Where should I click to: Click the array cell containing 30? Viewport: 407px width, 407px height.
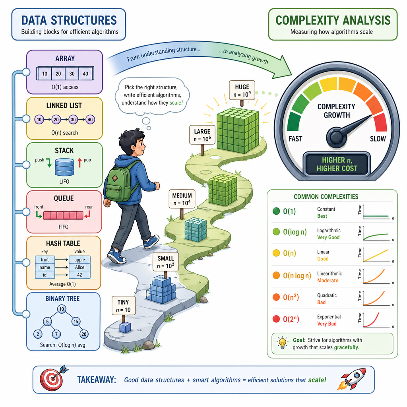pyautogui.click(x=72, y=74)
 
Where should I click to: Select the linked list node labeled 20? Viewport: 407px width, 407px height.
pyautogui.click(x=56, y=119)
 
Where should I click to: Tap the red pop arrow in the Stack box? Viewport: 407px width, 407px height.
pyautogui.click(x=79, y=163)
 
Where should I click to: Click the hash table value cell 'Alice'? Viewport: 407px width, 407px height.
pyautogui.click(x=79, y=267)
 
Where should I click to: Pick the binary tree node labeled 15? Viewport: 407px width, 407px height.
pyautogui.click(x=76, y=322)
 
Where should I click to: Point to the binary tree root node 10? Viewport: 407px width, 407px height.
pyautogui.click(x=62, y=309)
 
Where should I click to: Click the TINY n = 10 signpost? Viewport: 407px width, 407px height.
pyautogui.click(x=124, y=308)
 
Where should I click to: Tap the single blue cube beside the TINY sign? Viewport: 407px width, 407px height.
pyautogui.click(x=125, y=328)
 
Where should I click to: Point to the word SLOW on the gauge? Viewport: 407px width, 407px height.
pyautogui.click(x=378, y=139)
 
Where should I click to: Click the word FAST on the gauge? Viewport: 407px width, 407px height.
pyautogui.click(x=295, y=139)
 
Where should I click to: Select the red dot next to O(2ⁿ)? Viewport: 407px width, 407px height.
pyautogui.click(x=276, y=319)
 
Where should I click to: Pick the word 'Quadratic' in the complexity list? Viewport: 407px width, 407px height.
pyautogui.click(x=327, y=295)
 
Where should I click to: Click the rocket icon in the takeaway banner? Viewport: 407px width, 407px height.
pyautogui.click(x=352, y=379)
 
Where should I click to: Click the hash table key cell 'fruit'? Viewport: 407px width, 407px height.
pyautogui.click(x=45, y=260)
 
